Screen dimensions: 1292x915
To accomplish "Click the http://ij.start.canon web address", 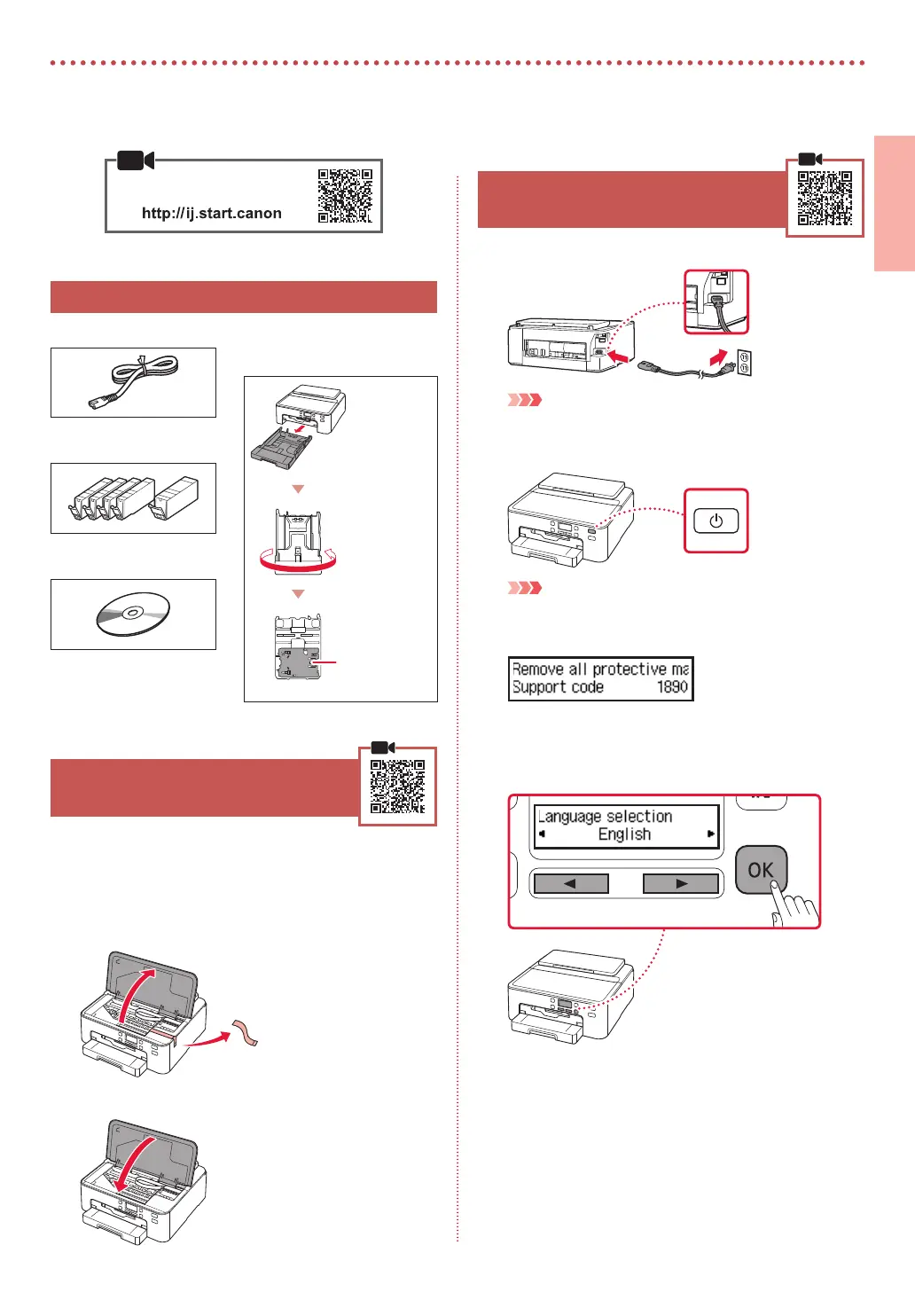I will point(212,213).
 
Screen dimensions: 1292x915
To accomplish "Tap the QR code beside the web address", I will point(345,196).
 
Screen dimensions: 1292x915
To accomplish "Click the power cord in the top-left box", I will point(133,381).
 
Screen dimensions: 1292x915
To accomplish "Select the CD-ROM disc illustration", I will point(132,614).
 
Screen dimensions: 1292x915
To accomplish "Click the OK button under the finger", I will point(760,870).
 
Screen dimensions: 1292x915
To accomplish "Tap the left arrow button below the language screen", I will point(570,883).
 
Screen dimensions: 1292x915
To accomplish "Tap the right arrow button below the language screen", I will point(681,883).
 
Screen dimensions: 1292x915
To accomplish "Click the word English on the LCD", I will point(624,834).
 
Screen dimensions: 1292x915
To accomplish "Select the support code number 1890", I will point(672,686).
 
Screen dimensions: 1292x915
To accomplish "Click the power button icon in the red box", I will point(716,521).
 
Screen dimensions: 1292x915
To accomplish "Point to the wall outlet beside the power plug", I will point(745,362).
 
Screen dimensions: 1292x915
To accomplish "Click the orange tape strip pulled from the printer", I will point(246,1034).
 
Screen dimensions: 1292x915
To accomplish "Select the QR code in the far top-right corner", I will point(825,198).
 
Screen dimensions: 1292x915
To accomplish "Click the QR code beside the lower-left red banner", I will point(397,787).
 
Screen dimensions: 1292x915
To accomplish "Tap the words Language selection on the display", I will point(606,816).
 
